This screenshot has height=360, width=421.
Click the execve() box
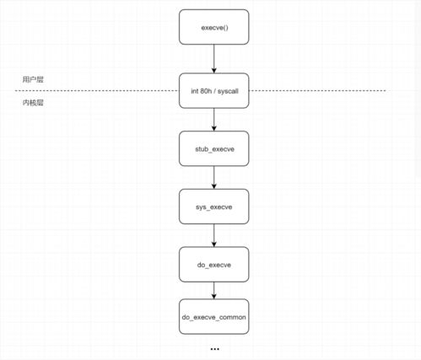tap(214, 27)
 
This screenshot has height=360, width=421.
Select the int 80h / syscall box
tap(214, 91)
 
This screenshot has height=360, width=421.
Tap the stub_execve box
tap(214, 148)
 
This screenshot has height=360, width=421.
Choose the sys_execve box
tap(214, 207)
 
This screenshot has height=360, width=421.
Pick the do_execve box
tap(214, 265)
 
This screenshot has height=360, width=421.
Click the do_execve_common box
tap(214, 317)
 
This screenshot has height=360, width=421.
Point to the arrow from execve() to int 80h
tap(214, 59)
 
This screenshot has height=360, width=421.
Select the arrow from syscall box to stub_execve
tap(214, 120)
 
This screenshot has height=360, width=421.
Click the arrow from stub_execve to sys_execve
tap(214, 178)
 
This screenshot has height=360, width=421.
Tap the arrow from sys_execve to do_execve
tap(214, 235)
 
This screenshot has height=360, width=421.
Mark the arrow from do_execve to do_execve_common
tap(214, 291)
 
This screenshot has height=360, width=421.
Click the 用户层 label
tap(33, 79)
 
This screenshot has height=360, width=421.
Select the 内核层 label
tap(33, 103)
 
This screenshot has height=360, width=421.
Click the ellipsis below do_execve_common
tap(215, 349)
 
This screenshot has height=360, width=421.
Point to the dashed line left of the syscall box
tap(97, 91)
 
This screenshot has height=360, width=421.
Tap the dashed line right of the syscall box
tap(317, 91)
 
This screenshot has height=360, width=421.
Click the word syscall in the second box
tap(228, 91)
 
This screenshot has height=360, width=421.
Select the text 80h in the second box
tap(206, 91)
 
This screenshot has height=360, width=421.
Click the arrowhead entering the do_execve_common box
tap(214, 296)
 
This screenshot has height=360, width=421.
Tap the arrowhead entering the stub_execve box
tap(214, 128)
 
